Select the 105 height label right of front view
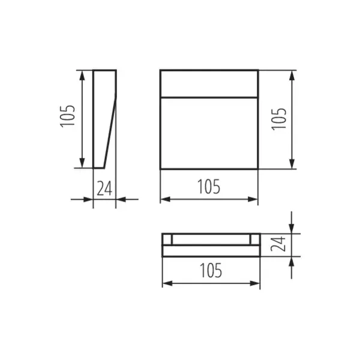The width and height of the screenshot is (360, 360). [x=280, y=119]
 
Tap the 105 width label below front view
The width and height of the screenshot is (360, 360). [x=209, y=187]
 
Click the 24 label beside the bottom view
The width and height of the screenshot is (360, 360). [x=278, y=244]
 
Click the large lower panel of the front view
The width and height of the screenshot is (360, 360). [x=209, y=132]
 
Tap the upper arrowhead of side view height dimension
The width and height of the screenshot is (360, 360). [x=82, y=74]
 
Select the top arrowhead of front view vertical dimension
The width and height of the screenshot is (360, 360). [x=292, y=74]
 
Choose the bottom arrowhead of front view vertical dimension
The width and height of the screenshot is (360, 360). [x=292, y=164]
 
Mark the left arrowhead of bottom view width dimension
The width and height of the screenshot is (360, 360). [x=167, y=283]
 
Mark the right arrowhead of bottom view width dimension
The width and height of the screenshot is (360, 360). [x=256, y=283]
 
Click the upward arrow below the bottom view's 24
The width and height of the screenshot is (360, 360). [x=292, y=263]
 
